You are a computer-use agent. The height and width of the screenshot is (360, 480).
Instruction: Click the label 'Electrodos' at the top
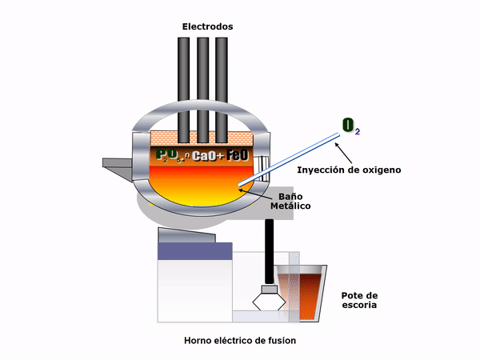pos(207,26)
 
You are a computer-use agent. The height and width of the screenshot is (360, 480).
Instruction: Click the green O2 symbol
pos(350,125)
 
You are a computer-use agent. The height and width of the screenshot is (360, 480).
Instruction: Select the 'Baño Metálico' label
pos(289,201)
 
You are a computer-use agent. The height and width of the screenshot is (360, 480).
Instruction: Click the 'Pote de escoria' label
pos(358,299)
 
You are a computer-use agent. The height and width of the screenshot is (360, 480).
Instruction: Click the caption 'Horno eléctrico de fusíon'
pos(239,341)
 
